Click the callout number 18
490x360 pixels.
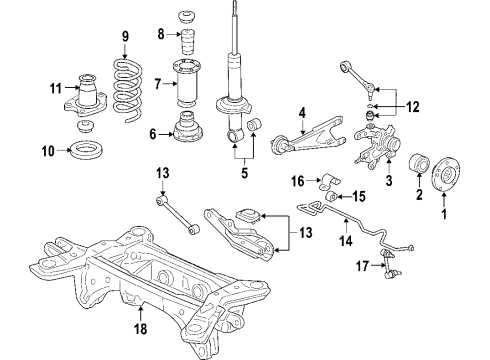pos(140,328)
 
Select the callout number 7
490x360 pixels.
pos(158,85)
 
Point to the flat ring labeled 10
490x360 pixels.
pos(87,151)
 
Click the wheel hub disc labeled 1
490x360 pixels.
pos(446,175)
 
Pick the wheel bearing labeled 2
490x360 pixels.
pos(419,164)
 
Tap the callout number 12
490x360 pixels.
pos(412,107)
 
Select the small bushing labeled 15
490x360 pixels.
pos(332,196)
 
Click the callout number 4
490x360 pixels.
pos(302,113)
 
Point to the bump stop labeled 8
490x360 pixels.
pos(188,43)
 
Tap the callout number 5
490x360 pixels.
pos(245,173)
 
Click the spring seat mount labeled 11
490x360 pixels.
pos(86,96)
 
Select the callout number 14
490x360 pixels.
pos(346,241)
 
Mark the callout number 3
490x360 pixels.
pos(389,181)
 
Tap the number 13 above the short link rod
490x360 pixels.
pos(163,173)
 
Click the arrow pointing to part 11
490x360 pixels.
pos(71,88)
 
